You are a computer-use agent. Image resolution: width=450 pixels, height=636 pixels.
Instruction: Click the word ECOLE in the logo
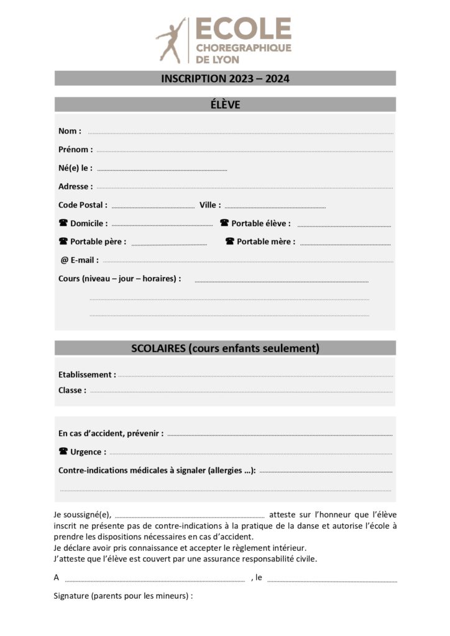pos(244,29)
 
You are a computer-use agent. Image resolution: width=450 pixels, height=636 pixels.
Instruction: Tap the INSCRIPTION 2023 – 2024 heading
pos(225,79)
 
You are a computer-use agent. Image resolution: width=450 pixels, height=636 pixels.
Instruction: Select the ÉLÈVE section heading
pos(225,105)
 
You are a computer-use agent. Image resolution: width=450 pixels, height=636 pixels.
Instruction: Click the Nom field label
pos(70,131)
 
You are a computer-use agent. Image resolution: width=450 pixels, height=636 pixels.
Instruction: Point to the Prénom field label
pos(75,150)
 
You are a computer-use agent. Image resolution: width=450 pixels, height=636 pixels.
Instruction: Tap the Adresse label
pos(75,186)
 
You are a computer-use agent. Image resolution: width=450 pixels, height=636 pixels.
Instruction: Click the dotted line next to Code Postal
pos(153,206)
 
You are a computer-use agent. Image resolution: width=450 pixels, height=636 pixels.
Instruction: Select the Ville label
pos(209,205)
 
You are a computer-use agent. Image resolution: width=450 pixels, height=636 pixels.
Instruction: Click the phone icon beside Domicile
pos(63,223)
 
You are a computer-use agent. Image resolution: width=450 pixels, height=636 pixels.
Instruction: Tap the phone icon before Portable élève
pos(224,223)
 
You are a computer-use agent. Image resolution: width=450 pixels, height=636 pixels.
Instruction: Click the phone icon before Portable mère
pos(229,242)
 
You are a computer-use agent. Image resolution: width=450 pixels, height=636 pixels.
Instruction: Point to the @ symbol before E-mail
pos(64,260)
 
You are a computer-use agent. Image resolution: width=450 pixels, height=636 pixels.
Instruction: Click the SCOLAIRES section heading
pos(225,348)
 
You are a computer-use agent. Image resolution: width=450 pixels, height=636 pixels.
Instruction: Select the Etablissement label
pos(87,375)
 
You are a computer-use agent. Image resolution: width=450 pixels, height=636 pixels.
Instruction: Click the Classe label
pos(72,391)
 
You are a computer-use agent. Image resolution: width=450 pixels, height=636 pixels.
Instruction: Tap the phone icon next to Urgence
pos(63,452)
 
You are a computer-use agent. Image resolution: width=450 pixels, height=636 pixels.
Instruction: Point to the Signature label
pos(123,596)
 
